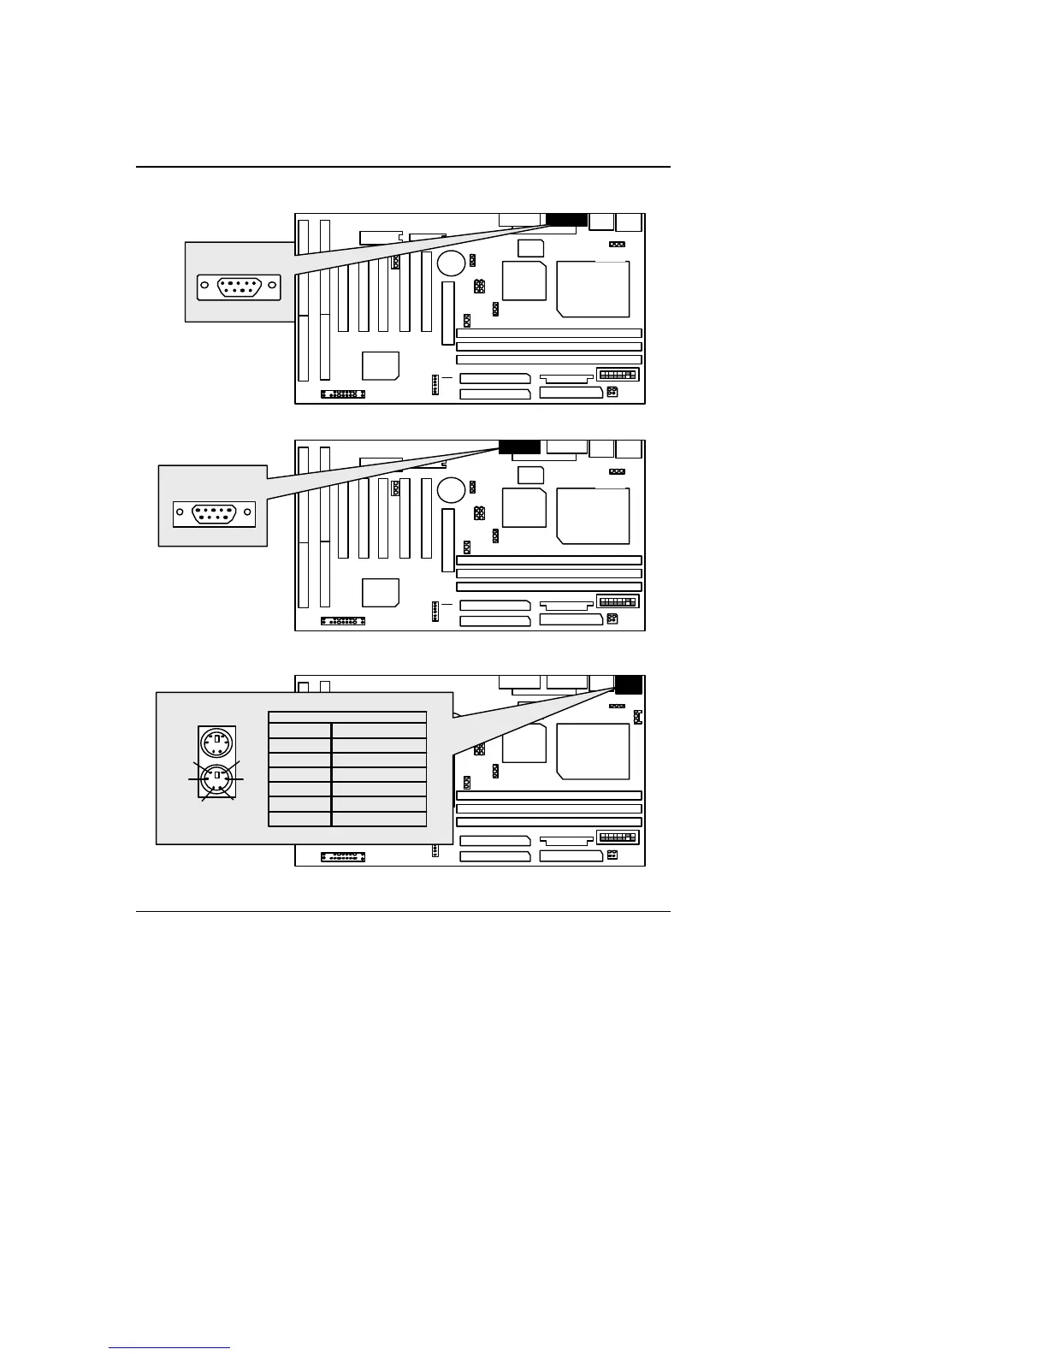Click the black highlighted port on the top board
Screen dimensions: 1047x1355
point(566,221)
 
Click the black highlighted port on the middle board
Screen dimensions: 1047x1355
point(519,447)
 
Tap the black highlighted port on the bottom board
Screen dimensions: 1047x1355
point(629,685)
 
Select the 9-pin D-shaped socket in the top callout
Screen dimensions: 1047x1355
point(239,287)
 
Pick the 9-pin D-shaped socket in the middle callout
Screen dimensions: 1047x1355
point(215,514)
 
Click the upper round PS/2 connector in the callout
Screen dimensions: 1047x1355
point(217,742)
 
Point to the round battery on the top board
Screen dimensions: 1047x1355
point(451,263)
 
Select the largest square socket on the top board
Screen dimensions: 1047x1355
point(593,289)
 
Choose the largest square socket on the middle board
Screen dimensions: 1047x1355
point(593,516)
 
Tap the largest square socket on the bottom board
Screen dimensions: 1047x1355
point(593,751)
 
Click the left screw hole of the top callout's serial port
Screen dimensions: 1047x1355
point(204,287)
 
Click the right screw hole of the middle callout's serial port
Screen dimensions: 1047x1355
point(248,514)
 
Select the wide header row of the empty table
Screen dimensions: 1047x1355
point(347,717)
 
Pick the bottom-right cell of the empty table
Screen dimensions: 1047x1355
point(379,819)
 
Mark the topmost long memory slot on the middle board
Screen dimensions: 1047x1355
point(549,560)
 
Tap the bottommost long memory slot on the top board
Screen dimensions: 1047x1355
point(549,360)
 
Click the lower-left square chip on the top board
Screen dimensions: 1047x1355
point(381,365)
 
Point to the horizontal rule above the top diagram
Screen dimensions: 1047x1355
point(403,167)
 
